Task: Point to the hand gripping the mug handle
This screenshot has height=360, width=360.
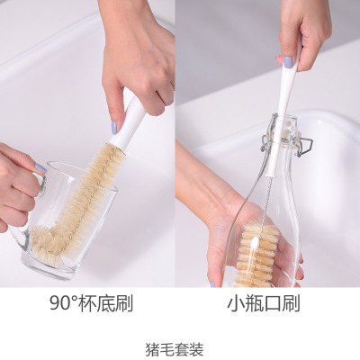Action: tap(16, 190)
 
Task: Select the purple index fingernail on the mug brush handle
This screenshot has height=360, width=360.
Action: tap(113, 129)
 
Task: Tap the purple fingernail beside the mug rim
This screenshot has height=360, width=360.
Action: tap(40, 168)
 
